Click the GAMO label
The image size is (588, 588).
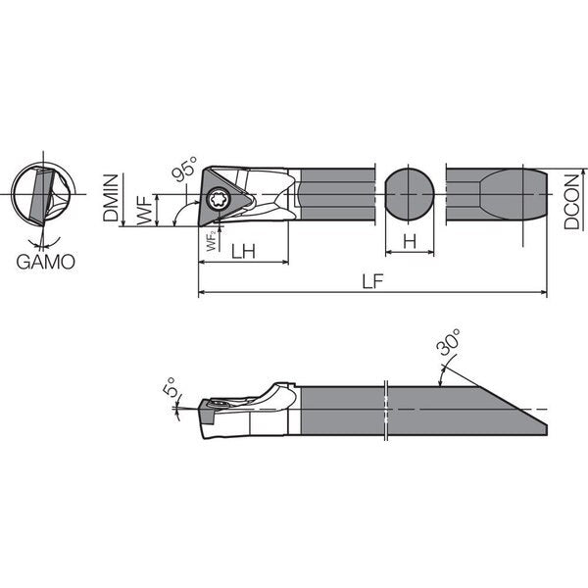click(x=45, y=262)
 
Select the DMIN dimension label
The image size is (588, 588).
click(x=111, y=198)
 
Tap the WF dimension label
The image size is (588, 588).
click(x=145, y=210)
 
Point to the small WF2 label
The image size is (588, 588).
click(x=212, y=241)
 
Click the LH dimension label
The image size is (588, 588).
click(x=243, y=251)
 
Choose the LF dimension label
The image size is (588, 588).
click(x=372, y=281)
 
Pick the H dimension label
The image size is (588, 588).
click(x=410, y=241)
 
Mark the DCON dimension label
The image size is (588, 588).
click(x=572, y=202)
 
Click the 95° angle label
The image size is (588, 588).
click(x=184, y=169)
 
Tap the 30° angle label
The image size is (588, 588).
click(x=449, y=342)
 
